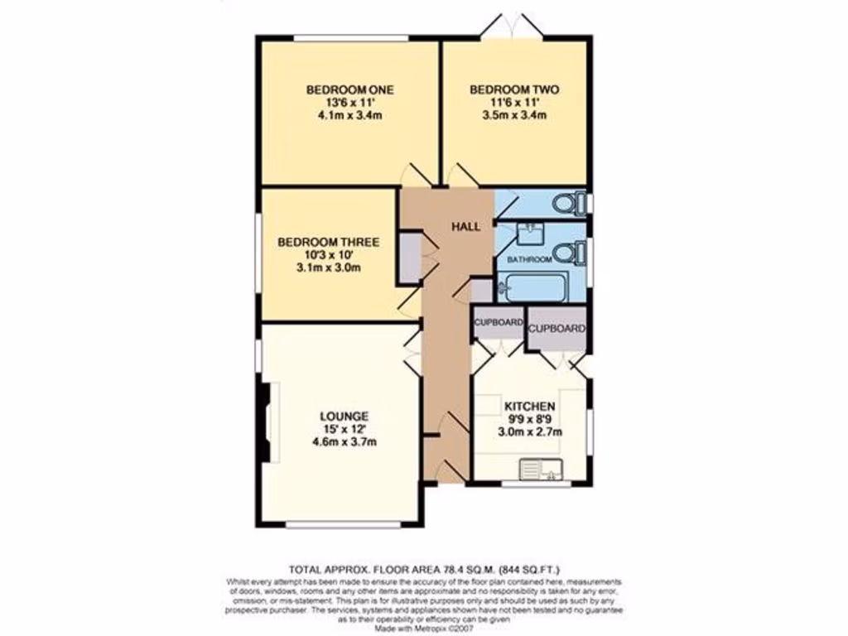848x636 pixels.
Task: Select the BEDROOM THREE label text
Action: point(328,242)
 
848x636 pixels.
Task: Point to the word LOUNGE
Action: point(345,415)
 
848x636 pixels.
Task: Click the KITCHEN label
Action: point(529,407)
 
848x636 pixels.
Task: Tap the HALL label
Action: point(465,226)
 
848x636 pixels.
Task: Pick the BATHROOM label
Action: point(529,259)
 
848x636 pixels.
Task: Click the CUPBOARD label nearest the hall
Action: point(498,321)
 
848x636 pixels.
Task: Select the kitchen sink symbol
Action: point(540,470)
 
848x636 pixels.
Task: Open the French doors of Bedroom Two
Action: point(514,25)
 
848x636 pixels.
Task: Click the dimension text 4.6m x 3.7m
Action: point(345,442)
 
